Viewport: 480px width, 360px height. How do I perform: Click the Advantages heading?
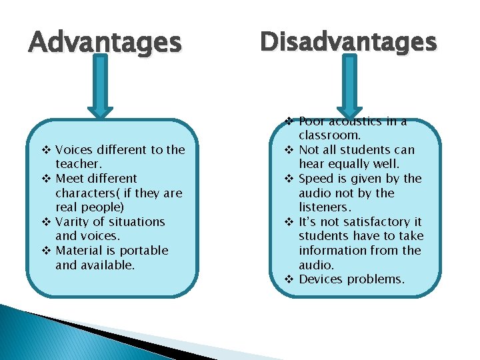click(105, 43)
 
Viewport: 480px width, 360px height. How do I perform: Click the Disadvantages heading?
click(348, 41)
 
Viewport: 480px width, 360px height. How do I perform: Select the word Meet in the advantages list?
click(69, 179)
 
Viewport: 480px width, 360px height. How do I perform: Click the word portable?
click(145, 251)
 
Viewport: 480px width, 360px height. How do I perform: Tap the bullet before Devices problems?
click(289, 279)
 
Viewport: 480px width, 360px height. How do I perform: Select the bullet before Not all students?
click(289, 150)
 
